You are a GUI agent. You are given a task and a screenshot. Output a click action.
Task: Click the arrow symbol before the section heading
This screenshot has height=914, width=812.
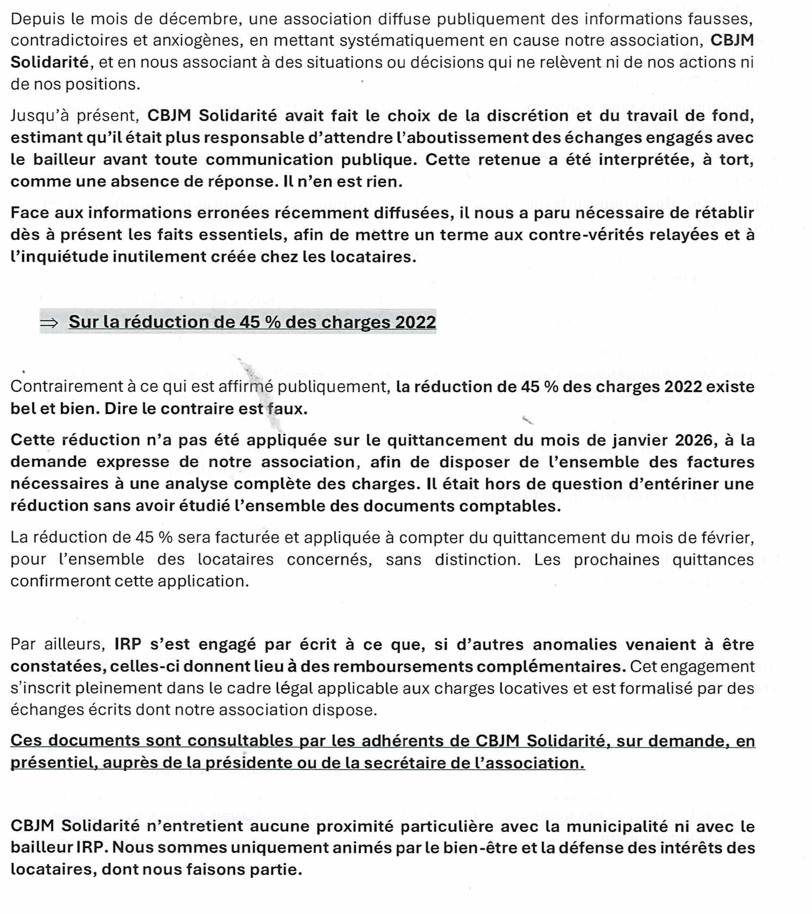point(49,323)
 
